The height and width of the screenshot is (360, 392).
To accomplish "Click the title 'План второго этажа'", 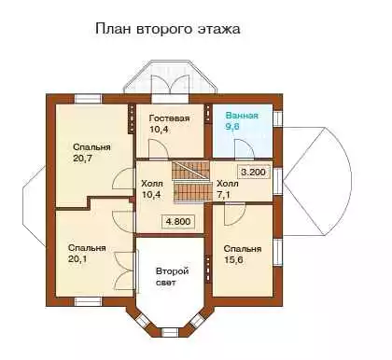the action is [x=168, y=29].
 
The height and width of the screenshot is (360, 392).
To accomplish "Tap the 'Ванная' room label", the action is [x=242, y=116].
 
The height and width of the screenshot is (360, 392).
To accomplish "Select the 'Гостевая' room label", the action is [x=169, y=118].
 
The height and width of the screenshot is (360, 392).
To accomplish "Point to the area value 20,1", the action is [x=77, y=259].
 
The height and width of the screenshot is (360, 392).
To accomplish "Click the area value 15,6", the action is [x=233, y=259].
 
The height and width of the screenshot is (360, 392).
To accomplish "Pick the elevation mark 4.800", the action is [x=178, y=222].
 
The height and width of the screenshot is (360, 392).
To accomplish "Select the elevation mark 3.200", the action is [x=254, y=172].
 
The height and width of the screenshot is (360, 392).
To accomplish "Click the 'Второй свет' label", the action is [x=172, y=277].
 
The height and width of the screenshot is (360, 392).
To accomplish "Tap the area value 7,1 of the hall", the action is [x=224, y=195].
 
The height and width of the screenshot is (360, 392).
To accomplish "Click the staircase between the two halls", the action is [x=190, y=182].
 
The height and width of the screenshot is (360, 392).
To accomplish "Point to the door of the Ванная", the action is [x=245, y=149].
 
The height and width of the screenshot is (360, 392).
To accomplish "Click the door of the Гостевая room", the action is [x=159, y=149].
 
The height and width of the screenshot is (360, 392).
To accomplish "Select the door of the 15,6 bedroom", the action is [x=234, y=215].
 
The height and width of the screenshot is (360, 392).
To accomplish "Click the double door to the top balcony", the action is [x=171, y=85].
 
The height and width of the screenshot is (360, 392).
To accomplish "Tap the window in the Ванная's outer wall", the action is [x=277, y=118].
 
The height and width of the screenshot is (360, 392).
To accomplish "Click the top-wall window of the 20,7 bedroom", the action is [x=88, y=99].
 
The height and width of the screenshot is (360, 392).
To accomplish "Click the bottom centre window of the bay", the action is [x=170, y=332].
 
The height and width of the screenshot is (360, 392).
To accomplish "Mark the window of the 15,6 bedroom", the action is [x=277, y=252].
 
